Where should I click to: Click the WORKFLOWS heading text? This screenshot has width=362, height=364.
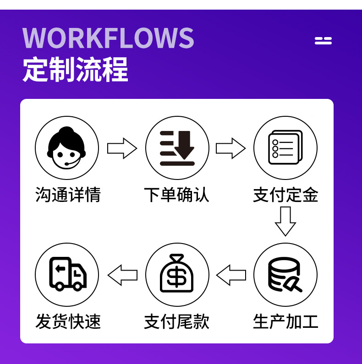click(x=109, y=38)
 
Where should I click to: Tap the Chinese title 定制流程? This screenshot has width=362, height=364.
click(x=75, y=69)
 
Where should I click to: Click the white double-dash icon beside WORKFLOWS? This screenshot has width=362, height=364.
click(x=323, y=41)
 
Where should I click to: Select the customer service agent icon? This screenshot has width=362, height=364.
click(x=67, y=147)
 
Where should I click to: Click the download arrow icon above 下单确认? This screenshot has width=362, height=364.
click(x=177, y=147)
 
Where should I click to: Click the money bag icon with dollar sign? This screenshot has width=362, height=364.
click(x=177, y=275)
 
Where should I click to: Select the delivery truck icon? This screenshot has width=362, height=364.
click(x=67, y=275)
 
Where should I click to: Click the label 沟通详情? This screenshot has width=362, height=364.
click(x=68, y=195)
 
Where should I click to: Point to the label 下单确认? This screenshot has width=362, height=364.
click(x=177, y=195)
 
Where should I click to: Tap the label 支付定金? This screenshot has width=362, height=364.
click(x=285, y=195)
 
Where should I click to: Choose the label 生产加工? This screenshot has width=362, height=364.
click(x=285, y=321)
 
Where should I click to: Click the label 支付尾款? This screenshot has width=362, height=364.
click(x=177, y=321)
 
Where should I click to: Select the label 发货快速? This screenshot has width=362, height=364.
click(x=68, y=321)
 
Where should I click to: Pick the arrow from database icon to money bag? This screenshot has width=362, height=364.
click(x=231, y=275)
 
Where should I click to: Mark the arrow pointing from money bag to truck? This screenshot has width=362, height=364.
click(x=122, y=275)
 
